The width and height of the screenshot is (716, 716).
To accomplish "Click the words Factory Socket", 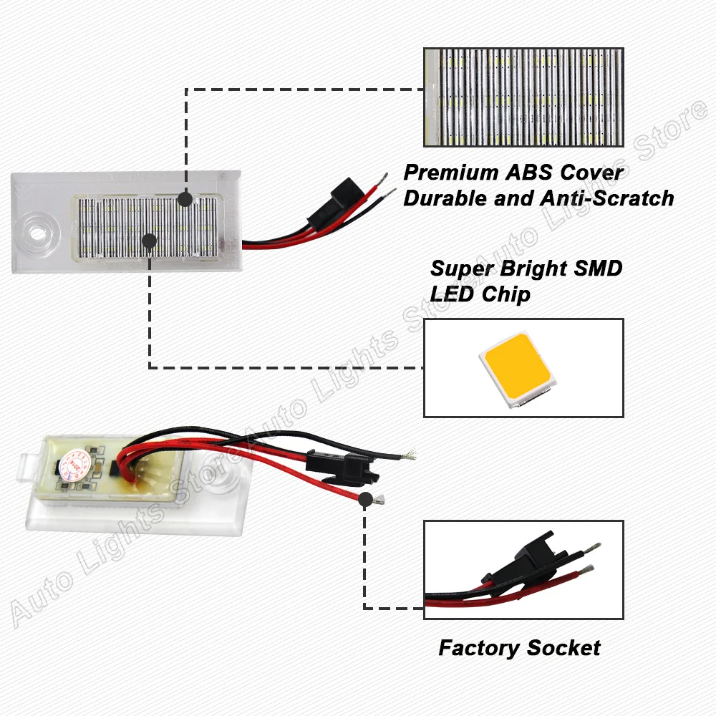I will coord(519,649).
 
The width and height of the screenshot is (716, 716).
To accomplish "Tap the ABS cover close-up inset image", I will coord(523,97).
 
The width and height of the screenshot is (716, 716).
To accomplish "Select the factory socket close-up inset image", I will coord(523,569).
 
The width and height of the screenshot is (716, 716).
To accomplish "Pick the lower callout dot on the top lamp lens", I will coord(149,241).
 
